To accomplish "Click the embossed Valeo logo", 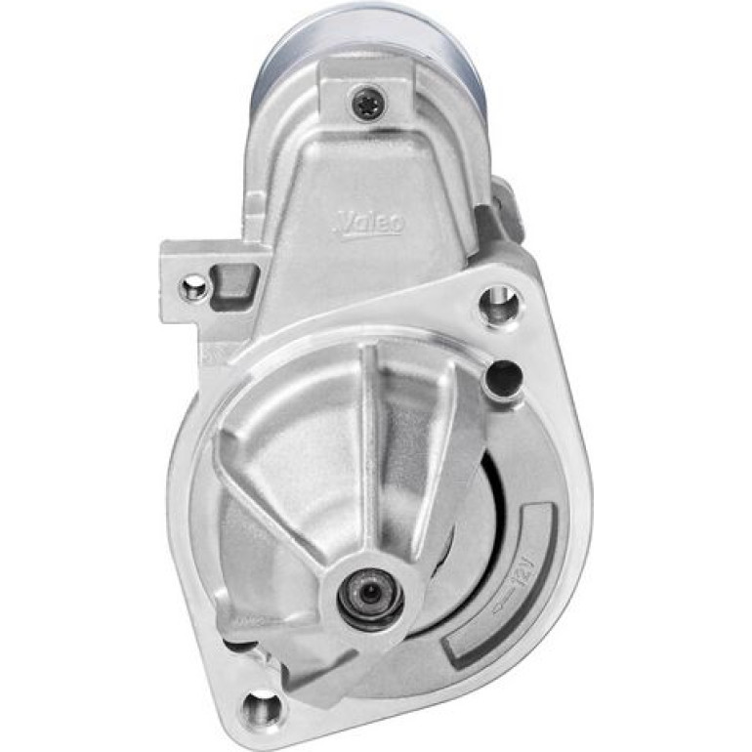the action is (x=369, y=225).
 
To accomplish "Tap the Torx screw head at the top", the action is (x=366, y=102).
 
